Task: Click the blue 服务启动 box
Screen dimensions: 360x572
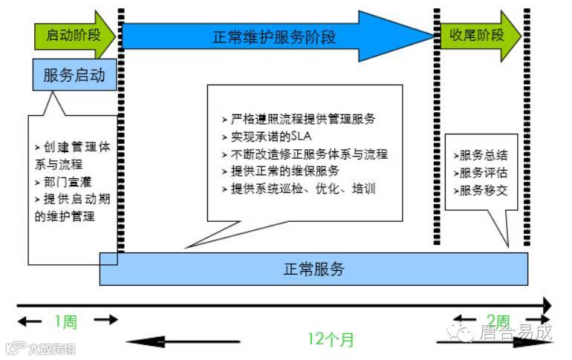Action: pos(74,75)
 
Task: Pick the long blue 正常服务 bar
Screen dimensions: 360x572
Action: pos(313,269)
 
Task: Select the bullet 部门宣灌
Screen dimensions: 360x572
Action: pos(63,182)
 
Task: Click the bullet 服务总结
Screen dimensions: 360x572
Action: pos(481,155)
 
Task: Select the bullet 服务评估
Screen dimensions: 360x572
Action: pos(481,172)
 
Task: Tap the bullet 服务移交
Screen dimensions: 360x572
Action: pos(481,189)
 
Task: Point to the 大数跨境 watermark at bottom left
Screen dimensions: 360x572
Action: pos(46,347)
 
